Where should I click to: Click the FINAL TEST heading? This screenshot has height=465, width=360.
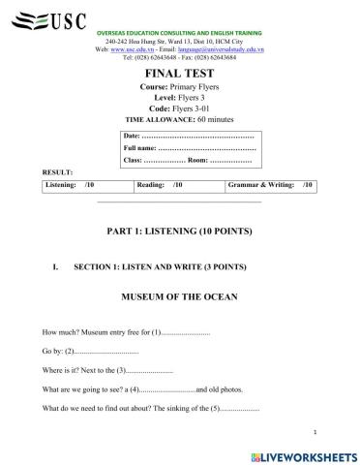point(179,73)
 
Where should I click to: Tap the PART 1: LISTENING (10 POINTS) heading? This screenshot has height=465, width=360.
point(179,232)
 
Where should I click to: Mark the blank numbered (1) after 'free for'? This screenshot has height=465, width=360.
point(180,332)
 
